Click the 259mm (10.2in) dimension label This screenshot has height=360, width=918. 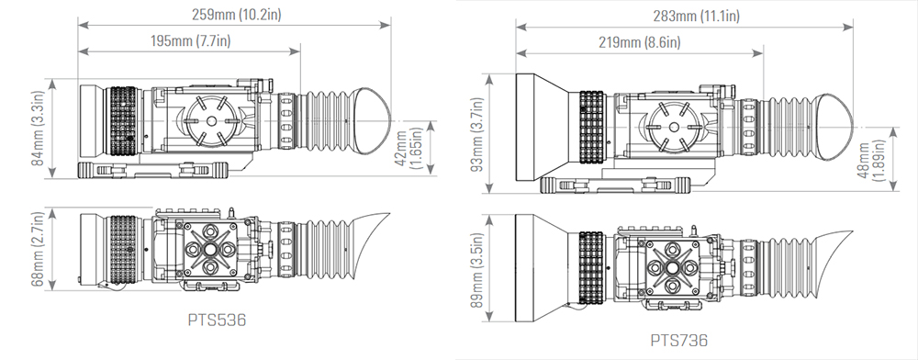click(x=237, y=15)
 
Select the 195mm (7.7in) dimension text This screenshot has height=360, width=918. click(x=190, y=41)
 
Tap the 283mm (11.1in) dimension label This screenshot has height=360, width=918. click(x=696, y=17)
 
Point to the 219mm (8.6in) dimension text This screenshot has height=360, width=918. click(x=639, y=43)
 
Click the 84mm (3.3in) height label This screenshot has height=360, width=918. click(x=39, y=128)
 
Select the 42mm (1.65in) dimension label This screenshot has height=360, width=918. click(x=409, y=149)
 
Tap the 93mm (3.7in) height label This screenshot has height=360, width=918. click(x=477, y=135)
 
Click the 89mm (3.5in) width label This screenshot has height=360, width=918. click(x=477, y=270)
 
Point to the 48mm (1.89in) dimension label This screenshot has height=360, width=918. click(x=870, y=160)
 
